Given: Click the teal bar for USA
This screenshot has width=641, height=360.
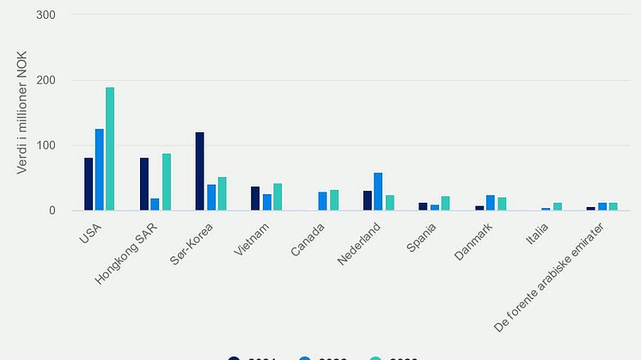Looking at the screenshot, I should (110, 149).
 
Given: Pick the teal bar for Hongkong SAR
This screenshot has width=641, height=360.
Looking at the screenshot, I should (166, 182).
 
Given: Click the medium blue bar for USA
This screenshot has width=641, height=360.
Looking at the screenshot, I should (100, 169).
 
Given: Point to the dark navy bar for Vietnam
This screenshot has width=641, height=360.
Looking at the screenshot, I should (255, 198).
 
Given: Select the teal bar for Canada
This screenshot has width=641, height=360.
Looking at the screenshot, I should (334, 200).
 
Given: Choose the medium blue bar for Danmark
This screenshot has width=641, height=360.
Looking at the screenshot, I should (490, 203).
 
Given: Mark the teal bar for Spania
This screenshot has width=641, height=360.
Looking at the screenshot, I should (445, 204).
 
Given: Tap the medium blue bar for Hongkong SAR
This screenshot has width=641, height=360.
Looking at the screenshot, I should (156, 204).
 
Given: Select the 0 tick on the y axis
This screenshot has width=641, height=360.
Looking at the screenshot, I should (52, 211).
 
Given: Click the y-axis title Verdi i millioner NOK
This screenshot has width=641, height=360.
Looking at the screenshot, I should (23, 113).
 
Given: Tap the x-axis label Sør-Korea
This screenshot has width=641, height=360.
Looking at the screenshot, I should (193, 242).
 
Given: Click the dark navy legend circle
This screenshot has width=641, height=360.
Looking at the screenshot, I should (235, 358).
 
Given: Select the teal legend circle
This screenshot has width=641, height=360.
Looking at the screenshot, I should (375, 358).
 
